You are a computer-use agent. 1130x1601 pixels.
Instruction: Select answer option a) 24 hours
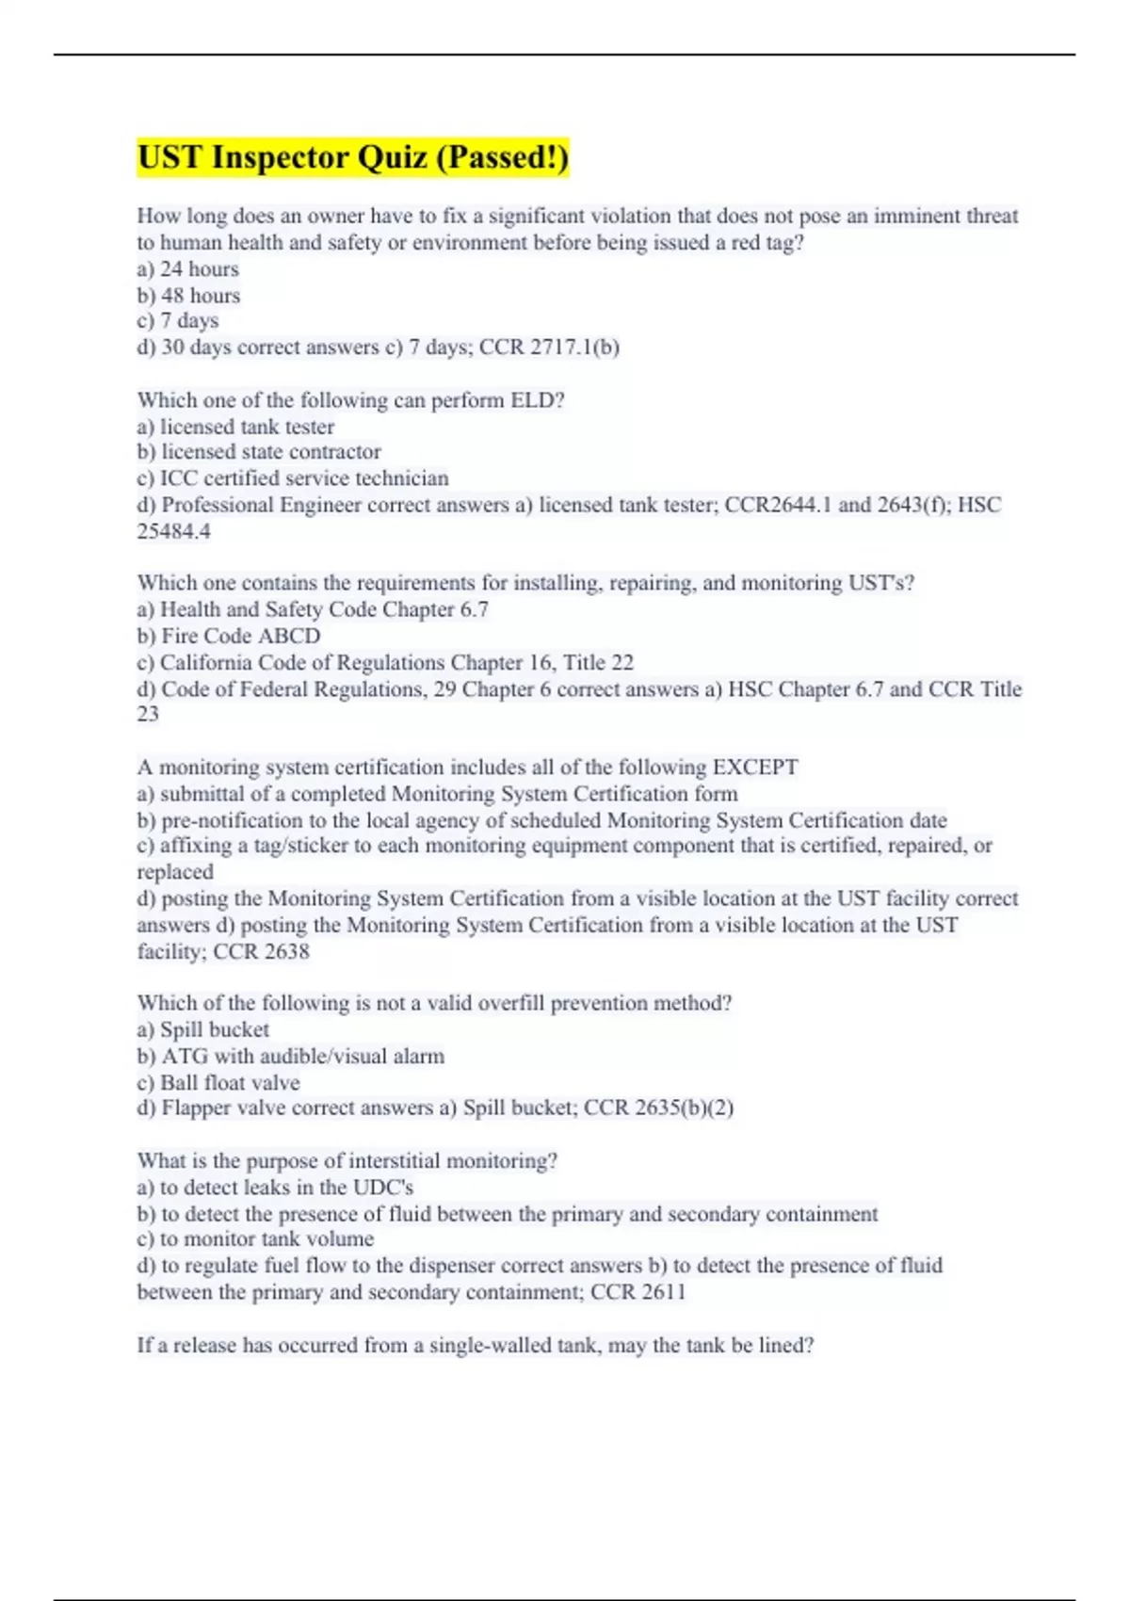pyautogui.click(x=188, y=269)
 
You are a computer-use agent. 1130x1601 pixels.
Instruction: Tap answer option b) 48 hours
pyautogui.click(x=188, y=296)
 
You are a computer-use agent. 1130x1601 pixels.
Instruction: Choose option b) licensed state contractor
pyautogui.click(x=259, y=452)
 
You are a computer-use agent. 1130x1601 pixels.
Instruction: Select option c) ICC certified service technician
pyautogui.click(x=293, y=478)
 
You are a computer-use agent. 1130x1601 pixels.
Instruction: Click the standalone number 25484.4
pyautogui.click(x=174, y=531)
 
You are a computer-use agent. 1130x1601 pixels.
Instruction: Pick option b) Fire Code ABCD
pyautogui.click(x=229, y=636)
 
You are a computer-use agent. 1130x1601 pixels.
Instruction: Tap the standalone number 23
pyautogui.click(x=148, y=714)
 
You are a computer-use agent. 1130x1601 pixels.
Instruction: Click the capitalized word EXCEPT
pyautogui.click(x=755, y=768)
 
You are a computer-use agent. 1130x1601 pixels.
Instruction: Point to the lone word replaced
pyautogui.click(x=175, y=872)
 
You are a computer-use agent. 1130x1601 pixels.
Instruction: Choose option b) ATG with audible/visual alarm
pyautogui.click(x=291, y=1057)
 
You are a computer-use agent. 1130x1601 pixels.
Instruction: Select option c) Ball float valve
pyautogui.click(x=218, y=1083)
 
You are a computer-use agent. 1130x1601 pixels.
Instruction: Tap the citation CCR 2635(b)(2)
pyautogui.click(x=658, y=1108)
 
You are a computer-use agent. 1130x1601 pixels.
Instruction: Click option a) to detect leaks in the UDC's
pyautogui.click(x=275, y=1188)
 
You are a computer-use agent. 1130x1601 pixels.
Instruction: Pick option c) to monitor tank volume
pyautogui.click(x=255, y=1239)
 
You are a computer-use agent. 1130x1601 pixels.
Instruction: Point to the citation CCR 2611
pyautogui.click(x=638, y=1292)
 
